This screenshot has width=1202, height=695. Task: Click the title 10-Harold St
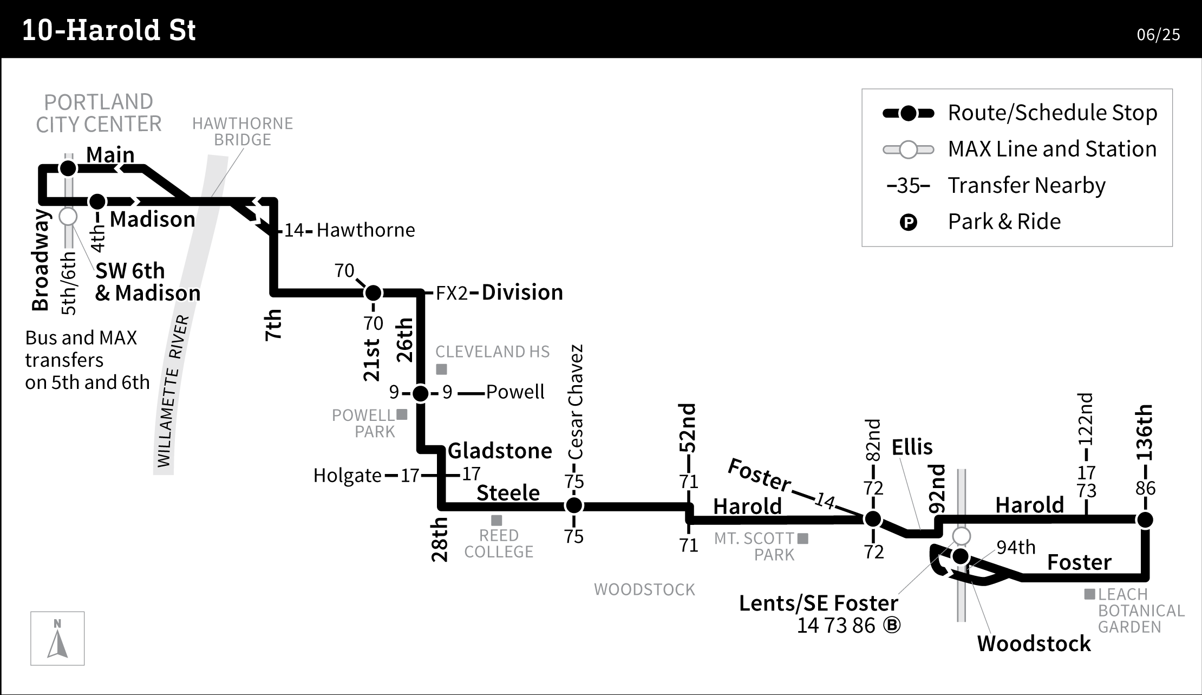108,30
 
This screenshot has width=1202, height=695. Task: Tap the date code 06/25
1158,35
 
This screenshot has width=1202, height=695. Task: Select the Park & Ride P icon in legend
908,222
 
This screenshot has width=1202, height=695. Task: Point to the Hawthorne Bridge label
242,132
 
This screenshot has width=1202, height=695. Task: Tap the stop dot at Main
68,168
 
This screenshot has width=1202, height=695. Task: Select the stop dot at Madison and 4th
97,202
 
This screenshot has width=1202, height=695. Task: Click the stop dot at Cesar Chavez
574,505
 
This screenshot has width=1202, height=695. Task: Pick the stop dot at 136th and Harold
1145,520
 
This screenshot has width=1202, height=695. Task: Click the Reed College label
499,543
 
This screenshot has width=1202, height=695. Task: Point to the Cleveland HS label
492,352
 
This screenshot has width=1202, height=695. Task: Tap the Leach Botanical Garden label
1141,610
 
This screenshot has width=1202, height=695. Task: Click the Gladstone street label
500,451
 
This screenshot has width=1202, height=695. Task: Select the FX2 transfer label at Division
451,293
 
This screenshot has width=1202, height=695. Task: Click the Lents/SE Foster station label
818,603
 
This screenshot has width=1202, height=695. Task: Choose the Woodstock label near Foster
1034,644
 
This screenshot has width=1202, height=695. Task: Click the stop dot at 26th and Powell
421,393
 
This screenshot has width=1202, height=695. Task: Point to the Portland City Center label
99,113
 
